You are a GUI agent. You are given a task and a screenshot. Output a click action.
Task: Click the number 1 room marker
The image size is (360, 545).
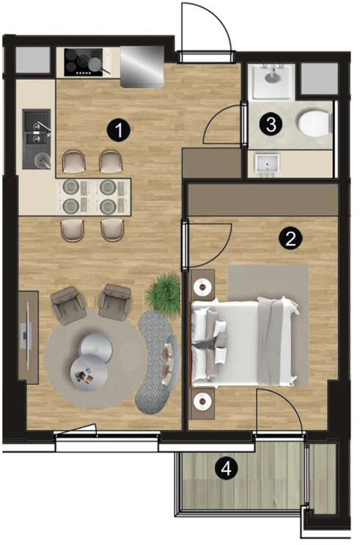[x=119, y=130]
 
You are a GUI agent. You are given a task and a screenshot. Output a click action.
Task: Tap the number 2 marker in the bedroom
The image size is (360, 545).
[x=291, y=239]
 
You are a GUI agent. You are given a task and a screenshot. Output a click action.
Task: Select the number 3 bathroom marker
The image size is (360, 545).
[x=271, y=124]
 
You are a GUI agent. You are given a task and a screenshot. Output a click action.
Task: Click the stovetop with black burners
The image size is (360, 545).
[x=84, y=62]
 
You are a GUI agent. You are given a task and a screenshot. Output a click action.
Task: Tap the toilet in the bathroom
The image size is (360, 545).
[x=315, y=122]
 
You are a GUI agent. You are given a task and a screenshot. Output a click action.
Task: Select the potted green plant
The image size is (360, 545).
[x=163, y=291]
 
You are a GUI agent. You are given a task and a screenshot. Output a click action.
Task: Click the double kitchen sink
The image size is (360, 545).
[x=37, y=139]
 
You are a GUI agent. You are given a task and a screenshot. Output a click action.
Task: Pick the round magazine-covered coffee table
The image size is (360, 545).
[x=89, y=374]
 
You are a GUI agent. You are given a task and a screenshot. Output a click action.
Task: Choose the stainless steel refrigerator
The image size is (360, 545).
[x=142, y=67]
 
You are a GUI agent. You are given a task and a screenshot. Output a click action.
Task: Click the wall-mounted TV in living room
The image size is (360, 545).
[x=27, y=336]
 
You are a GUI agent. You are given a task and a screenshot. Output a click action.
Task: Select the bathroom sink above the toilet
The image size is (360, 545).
[x=272, y=81]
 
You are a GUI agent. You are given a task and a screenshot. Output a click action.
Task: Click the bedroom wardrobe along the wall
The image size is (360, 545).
[x=263, y=200]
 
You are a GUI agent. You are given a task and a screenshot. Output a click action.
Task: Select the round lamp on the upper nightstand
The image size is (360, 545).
[x=202, y=286]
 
